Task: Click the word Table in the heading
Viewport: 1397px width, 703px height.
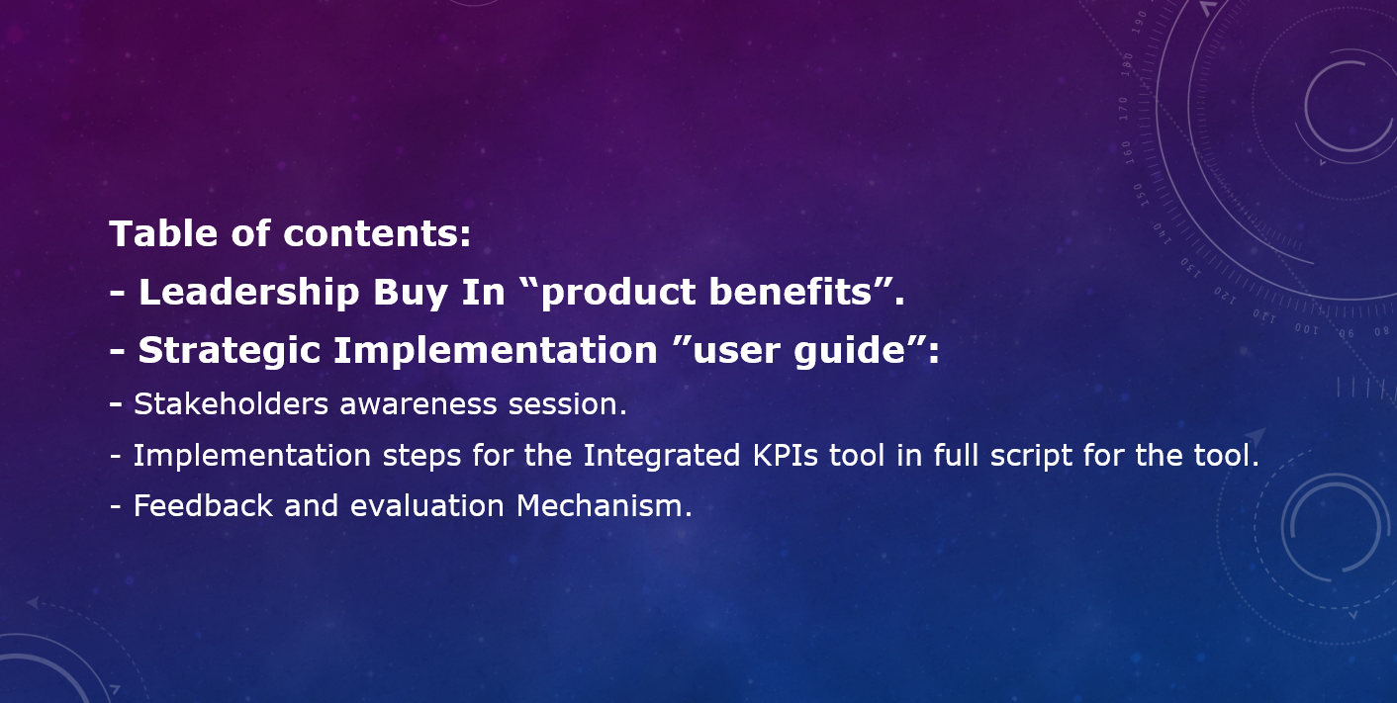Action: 164,233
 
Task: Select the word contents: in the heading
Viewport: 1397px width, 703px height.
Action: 377,234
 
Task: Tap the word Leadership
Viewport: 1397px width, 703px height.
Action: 249,291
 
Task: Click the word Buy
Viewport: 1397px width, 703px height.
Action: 411,293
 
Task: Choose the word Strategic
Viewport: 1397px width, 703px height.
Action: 229,351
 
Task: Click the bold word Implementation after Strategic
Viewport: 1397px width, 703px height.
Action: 496,350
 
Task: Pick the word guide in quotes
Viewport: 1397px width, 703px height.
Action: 850,351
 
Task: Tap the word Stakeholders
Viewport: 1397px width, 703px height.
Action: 232,403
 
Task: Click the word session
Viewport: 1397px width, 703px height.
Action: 563,404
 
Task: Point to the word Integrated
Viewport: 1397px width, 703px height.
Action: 662,456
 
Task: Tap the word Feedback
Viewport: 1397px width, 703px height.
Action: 203,505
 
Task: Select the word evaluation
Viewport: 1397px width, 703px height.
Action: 427,506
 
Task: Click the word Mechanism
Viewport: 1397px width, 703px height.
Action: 600,505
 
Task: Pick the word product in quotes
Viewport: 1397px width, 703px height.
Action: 618,293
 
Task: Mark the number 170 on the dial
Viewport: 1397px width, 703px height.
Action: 1124,109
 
